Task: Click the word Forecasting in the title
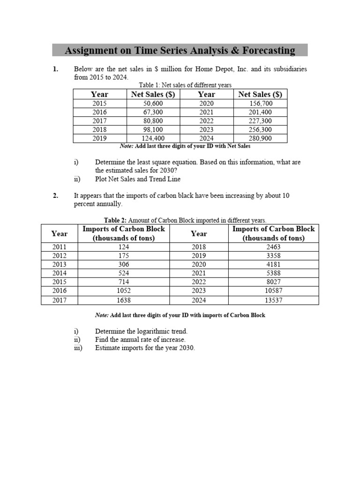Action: tap(265, 50)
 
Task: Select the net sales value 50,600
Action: tap(153, 104)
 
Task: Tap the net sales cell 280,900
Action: tap(260, 138)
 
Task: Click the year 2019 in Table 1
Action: tap(99, 138)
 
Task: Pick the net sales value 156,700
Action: tap(260, 104)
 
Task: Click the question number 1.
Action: tap(55, 69)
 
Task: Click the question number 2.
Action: tap(55, 195)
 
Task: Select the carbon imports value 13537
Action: tap(273, 300)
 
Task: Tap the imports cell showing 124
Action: tap(124, 247)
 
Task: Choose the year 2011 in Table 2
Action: tap(59, 247)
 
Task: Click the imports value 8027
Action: tap(273, 282)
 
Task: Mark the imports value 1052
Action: tap(124, 291)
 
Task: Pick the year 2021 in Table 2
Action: tap(199, 273)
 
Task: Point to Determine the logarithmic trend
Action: tap(141, 331)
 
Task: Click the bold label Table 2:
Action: tap(115, 220)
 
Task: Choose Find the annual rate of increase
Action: tap(140, 339)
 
